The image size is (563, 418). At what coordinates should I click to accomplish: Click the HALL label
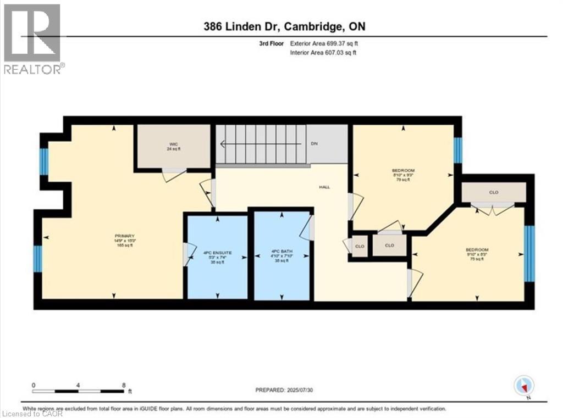coord(324,187)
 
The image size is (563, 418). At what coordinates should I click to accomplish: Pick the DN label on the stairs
coord(314,144)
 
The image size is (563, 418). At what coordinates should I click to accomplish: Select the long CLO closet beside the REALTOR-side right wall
coord(493,193)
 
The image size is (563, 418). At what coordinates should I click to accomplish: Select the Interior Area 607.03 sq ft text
coord(323,53)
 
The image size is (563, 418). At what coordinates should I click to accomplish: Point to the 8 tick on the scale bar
coord(124,384)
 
